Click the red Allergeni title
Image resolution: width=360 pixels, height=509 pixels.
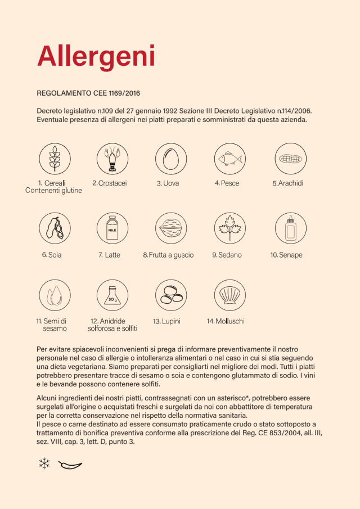pos(96,56)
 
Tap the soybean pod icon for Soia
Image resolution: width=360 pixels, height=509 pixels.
pos(55,228)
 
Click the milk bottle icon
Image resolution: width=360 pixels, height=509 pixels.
pos(112,228)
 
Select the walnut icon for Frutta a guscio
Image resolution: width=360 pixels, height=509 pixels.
pos(171,228)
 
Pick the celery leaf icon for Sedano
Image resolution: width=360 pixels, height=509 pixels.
pos(230,228)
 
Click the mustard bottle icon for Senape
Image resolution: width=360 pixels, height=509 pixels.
pos(290,228)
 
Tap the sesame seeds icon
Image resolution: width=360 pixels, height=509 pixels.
pos(55,295)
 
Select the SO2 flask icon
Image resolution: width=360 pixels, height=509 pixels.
pos(112,295)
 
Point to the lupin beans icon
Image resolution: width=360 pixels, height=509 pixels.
pos(171,295)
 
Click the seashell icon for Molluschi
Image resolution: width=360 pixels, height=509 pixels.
pos(230,295)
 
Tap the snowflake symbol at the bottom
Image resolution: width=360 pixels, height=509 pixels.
pos(44,464)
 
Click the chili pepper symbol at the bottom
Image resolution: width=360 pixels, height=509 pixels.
pos(70,465)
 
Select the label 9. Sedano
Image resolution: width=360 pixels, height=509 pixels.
pos(227,255)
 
